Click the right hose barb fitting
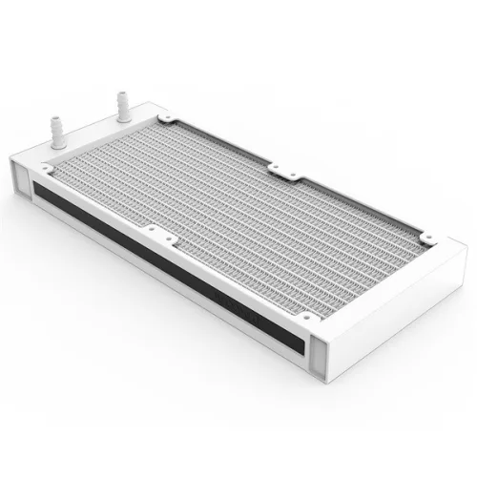121,106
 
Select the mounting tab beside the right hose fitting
166,117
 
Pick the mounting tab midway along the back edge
282,171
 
